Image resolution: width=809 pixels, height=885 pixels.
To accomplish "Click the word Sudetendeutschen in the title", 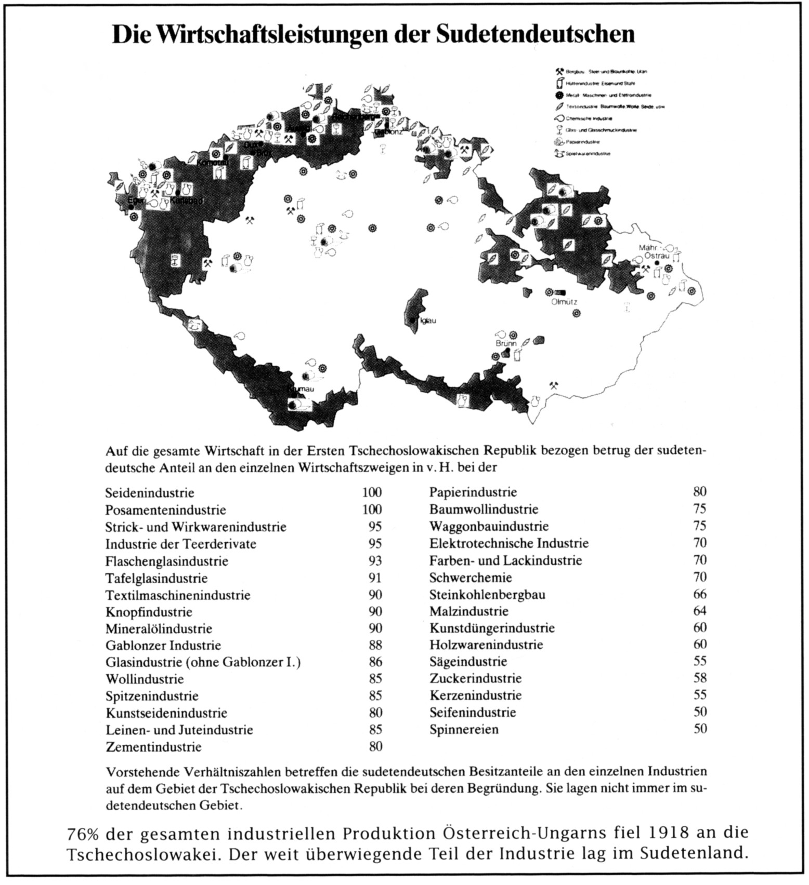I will [x=534, y=34].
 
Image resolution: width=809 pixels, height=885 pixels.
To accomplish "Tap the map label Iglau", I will [x=427, y=321].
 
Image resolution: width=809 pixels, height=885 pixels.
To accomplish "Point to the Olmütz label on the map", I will [x=564, y=302].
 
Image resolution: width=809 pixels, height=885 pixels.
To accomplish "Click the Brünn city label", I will [x=506, y=344].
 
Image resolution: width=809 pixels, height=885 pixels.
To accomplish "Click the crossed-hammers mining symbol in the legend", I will [x=559, y=71].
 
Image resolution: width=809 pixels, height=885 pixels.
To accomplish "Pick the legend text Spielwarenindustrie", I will [x=588, y=154].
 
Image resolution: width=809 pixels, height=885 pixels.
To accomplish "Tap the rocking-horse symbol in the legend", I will [x=559, y=153].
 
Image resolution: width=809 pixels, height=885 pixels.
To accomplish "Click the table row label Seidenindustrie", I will [x=150, y=493].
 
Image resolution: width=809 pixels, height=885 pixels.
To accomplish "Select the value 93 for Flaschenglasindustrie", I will [x=375, y=561].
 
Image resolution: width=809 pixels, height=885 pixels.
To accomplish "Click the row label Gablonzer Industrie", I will [x=163, y=646].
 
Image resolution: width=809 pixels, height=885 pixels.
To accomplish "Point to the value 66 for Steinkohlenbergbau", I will [x=700, y=594].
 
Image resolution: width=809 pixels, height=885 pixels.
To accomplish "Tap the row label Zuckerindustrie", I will [x=475, y=678].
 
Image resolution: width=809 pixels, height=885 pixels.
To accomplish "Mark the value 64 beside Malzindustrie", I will [x=700, y=611].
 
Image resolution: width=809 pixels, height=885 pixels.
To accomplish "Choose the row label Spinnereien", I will [x=464, y=729].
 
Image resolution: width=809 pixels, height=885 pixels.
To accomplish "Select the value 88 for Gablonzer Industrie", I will [x=375, y=645].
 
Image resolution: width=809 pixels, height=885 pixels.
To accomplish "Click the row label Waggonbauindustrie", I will [x=489, y=527].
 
